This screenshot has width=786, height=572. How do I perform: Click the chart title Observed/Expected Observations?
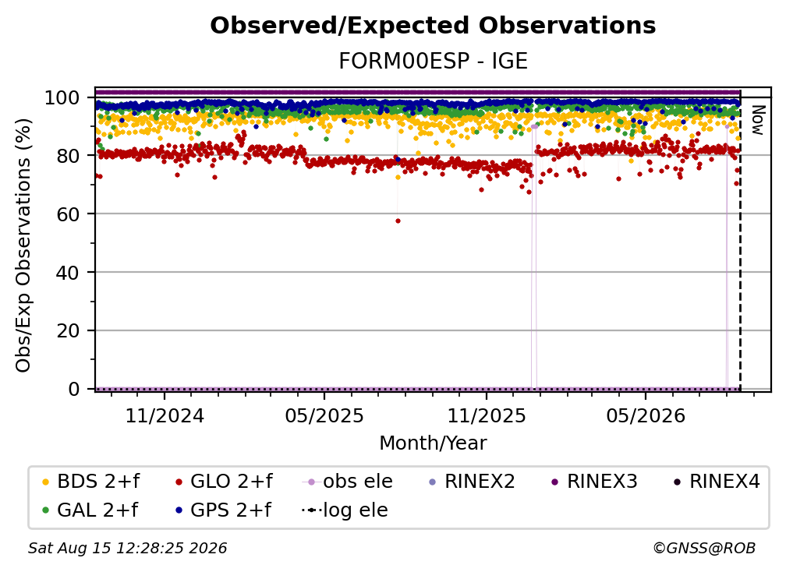(433, 26)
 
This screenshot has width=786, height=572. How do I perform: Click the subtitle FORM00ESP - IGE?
(433, 62)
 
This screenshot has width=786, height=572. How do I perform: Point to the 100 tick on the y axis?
(62, 97)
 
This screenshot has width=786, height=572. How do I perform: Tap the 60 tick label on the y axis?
(68, 214)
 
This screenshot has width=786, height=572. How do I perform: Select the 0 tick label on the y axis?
(74, 389)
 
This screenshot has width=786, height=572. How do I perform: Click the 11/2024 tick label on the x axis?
(165, 415)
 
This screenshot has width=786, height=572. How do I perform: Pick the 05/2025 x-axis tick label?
(324, 415)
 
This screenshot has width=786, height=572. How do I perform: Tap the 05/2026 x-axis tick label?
(646, 415)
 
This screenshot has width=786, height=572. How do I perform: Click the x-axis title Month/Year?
(433, 443)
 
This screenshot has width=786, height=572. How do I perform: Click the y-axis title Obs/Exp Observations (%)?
(23, 245)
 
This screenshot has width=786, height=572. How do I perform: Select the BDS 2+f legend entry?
(90, 482)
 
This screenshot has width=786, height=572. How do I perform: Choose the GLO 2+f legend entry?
(224, 482)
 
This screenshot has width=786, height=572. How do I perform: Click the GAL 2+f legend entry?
(90, 510)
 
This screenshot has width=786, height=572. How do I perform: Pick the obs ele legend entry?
(348, 482)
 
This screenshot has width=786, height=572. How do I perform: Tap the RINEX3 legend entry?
(594, 482)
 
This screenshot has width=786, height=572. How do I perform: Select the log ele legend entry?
(345, 510)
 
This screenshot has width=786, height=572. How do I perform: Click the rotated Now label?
(757, 120)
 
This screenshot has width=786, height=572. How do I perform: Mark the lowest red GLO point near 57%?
(398, 221)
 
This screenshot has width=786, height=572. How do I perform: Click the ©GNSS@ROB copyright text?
(704, 549)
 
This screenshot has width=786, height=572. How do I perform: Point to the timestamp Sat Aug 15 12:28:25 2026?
(127, 549)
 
